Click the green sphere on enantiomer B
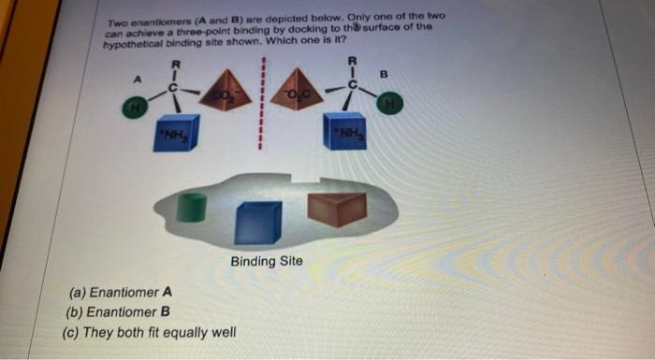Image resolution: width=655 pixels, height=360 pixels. click(x=385, y=104)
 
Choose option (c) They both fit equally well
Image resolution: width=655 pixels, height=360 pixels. click(x=150, y=332)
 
